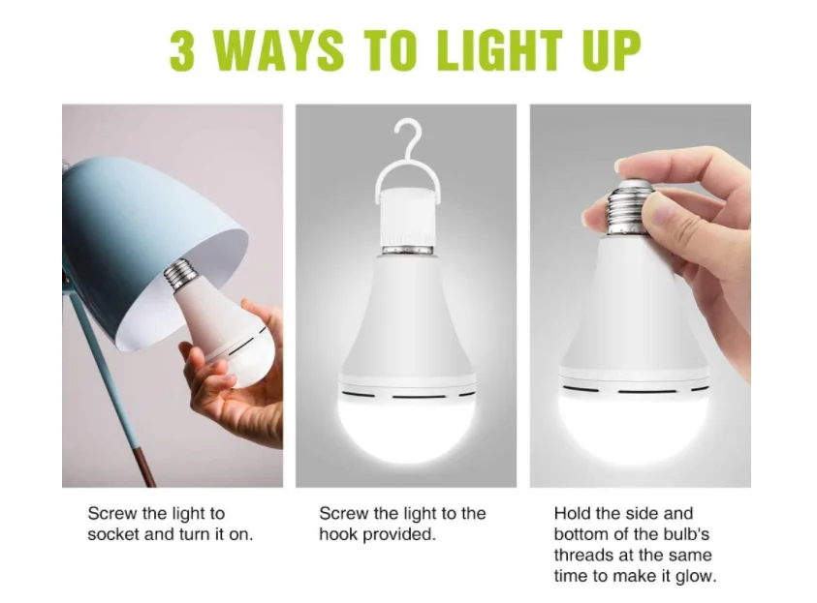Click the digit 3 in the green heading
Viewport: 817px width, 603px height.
pyautogui.click(x=182, y=50)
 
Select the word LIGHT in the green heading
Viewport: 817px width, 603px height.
pyautogui.click(x=500, y=50)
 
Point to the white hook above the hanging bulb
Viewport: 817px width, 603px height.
pyautogui.click(x=407, y=156)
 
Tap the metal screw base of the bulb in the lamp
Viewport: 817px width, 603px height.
pyautogui.click(x=180, y=273)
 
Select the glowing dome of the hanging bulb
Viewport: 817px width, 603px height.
pyautogui.click(x=406, y=427)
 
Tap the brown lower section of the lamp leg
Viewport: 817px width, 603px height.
pyautogui.click(x=146, y=467)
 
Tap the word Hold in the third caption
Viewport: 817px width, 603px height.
pyautogui.click(x=572, y=514)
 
